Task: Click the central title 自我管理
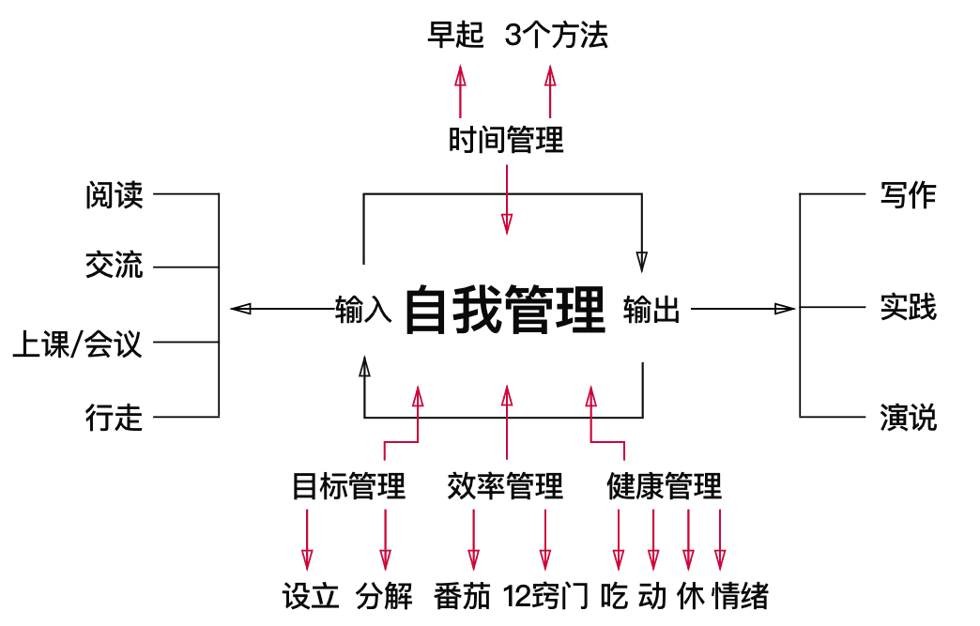(x=505, y=310)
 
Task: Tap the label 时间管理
(x=506, y=141)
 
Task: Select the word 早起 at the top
(x=455, y=36)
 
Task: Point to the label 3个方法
(x=557, y=36)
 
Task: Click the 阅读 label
(x=114, y=195)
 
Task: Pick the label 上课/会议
(x=77, y=344)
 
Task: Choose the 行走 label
(x=114, y=418)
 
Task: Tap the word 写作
(x=908, y=195)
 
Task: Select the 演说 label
(x=908, y=417)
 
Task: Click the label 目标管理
(x=348, y=486)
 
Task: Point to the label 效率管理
(x=506, y=486)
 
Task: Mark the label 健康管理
(x=665, y=486)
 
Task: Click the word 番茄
(x=463, y=596)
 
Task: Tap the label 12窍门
(x=545, y=596)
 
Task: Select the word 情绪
(x=741, y=596)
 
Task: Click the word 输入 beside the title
(x=362, y=310)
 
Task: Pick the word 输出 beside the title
(x=651, y=310)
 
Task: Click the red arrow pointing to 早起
(x=460, y=91)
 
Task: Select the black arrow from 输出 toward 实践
(x=743, y=308)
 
